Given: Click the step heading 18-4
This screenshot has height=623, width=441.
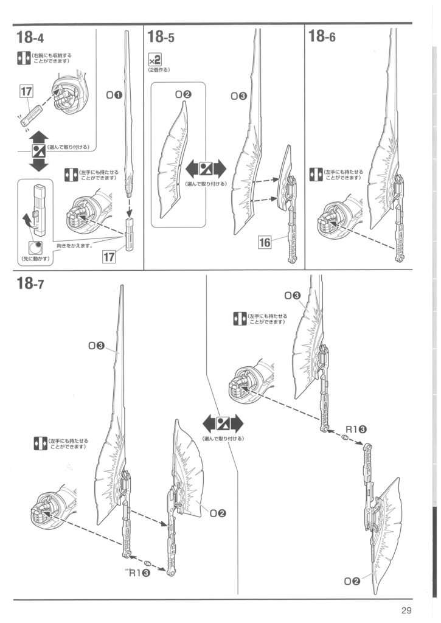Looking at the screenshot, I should pyautogui.click(x=31, y=38).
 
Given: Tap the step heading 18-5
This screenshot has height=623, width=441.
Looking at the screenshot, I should pyautogui.click(x=161, y=38).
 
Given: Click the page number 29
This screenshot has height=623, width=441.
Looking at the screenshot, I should pyautogui.click(x=407, y=611).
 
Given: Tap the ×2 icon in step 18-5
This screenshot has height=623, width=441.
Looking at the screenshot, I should pyautogui.click(x=154, y=60).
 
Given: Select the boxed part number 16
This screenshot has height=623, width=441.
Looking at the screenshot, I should pyautogui.click(x=264, y=242).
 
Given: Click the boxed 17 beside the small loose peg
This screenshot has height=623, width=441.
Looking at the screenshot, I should pyautogui.click(x=26, y=92).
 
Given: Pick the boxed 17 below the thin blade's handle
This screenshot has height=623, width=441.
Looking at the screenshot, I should pyautogui.click(x=109, y=257).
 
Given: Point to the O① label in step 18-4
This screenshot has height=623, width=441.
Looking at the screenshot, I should pyautogui.click(x=114, y=96).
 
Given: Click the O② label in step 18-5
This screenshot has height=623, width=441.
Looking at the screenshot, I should pyautogui.click(x=182, y=94).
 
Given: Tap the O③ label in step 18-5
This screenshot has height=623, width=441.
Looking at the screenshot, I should pyautogui.click(x=238, y=96).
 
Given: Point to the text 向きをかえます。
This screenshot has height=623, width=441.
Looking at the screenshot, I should pyautogui.click(x=74, y=246).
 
